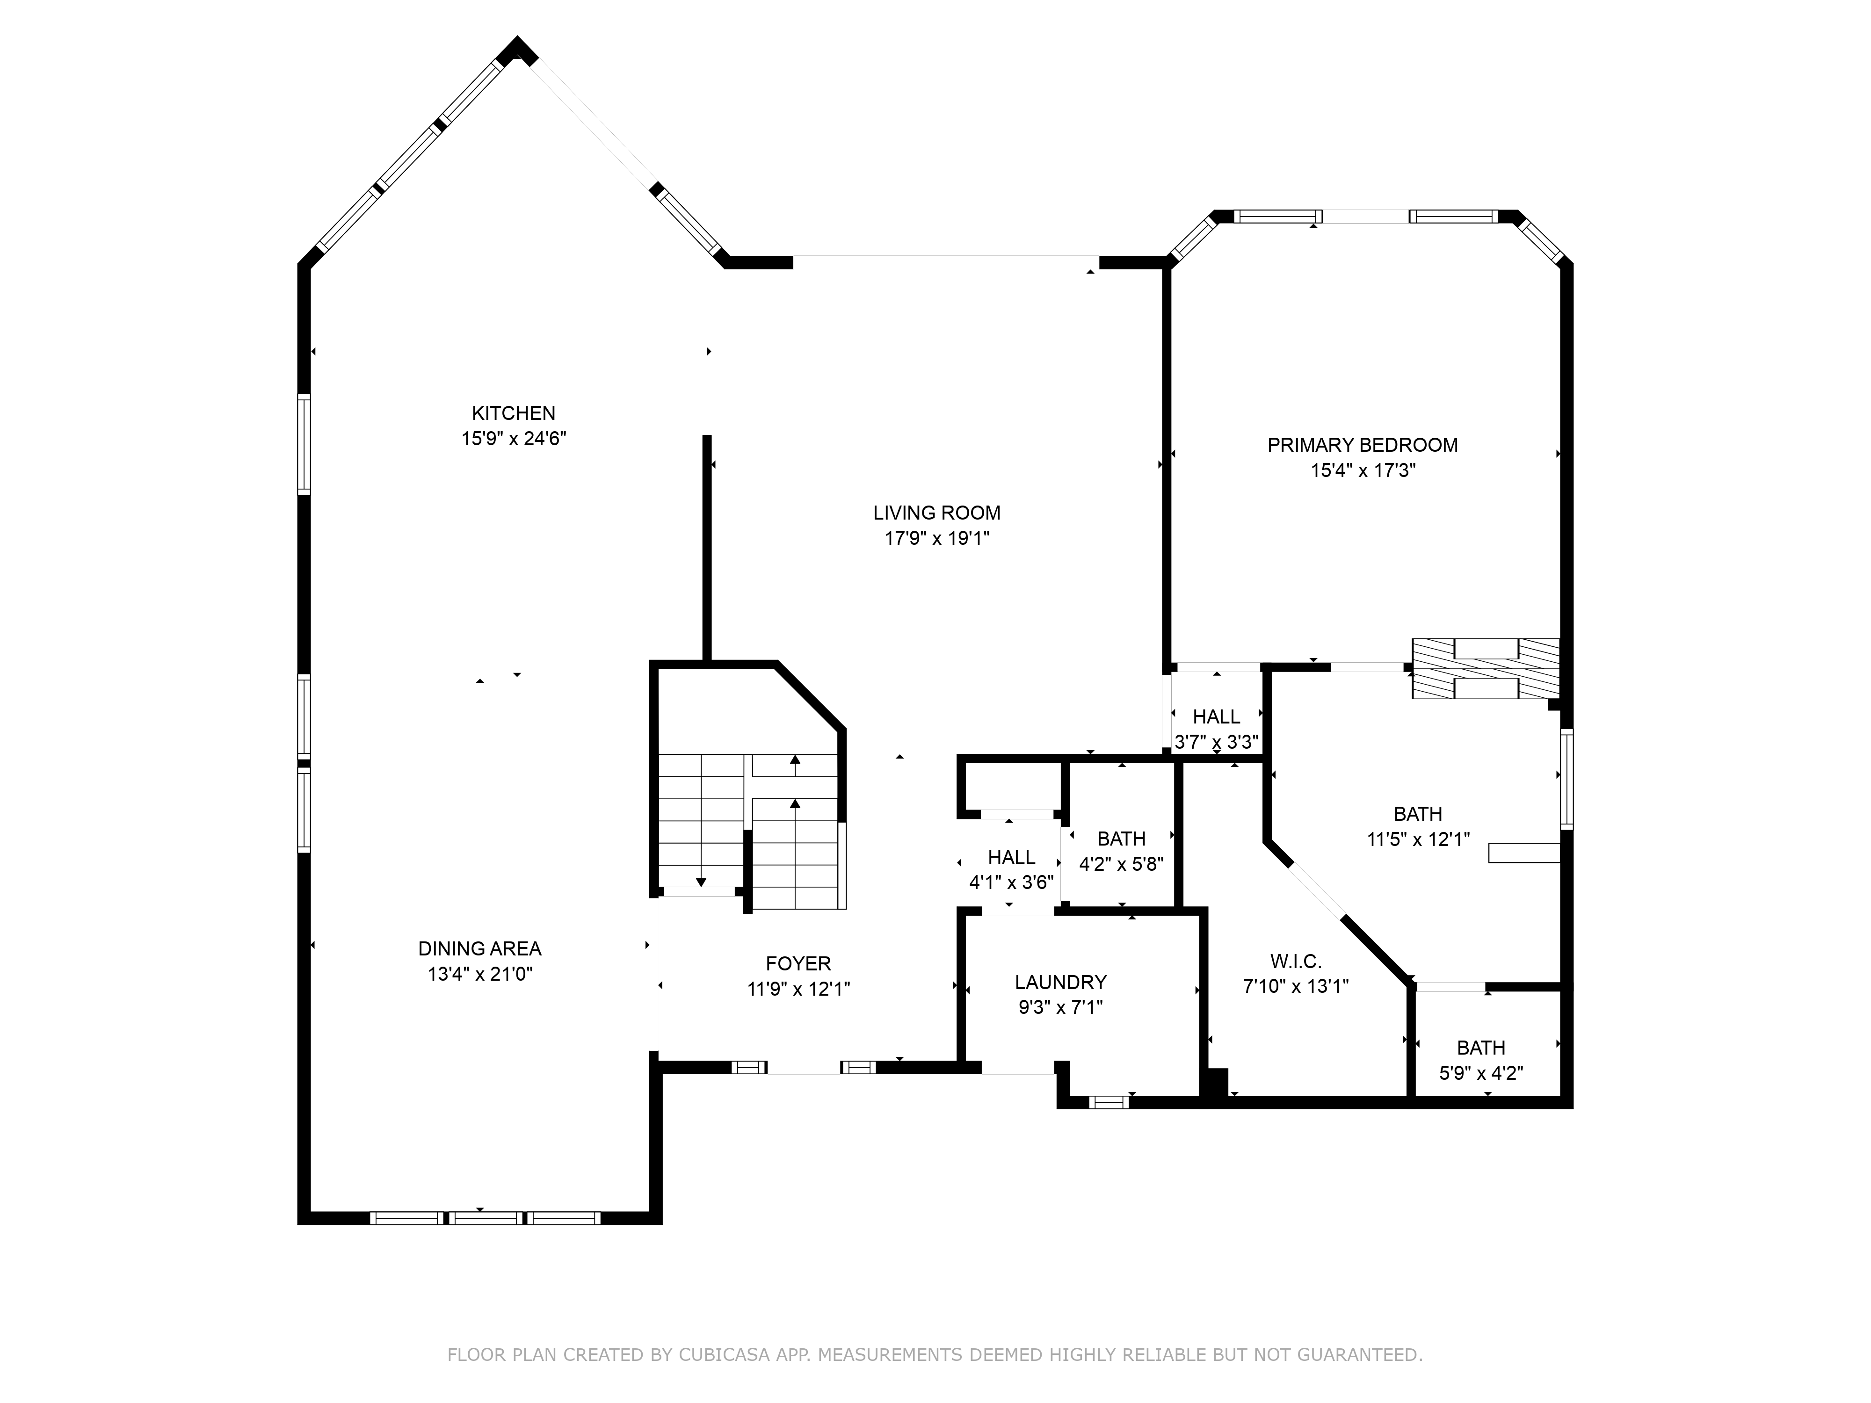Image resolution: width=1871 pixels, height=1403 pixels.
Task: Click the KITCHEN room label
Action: pos(514,413)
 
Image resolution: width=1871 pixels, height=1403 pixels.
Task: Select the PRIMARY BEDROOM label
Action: pos(1363,445)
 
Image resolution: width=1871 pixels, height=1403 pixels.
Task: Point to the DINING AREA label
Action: pos(479,949)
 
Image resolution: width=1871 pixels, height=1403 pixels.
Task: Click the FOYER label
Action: pos(798,963)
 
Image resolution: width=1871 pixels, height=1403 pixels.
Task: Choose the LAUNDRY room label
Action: pos(1061,982)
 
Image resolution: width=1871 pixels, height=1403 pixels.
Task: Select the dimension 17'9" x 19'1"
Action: pos(937,538)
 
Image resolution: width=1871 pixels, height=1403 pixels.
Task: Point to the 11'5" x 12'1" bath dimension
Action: pos(1419,839)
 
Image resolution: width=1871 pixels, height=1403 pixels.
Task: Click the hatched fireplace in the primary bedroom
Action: pos(1485,668)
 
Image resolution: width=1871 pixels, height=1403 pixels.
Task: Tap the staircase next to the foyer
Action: pos(752,832)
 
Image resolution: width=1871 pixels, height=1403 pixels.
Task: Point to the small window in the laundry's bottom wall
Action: pos(1109,1102)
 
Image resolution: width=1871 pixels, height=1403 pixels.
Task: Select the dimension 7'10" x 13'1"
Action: pos(1296,986)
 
